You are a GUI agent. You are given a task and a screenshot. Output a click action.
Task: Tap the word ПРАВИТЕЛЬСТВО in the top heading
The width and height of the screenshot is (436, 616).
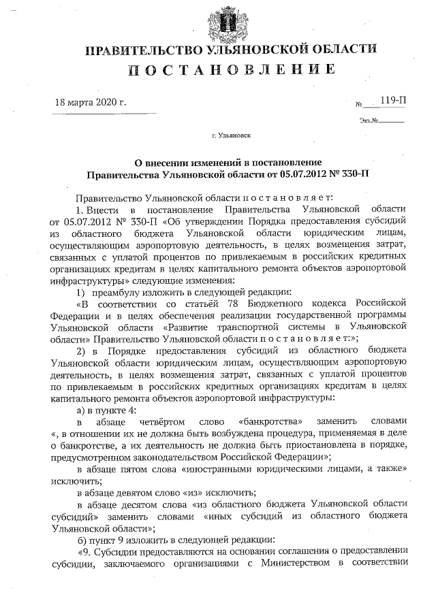140,50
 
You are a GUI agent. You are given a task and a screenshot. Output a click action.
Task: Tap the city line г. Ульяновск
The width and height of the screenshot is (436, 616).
230,135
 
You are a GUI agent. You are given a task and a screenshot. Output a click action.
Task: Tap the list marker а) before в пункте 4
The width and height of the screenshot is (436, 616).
81,408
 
